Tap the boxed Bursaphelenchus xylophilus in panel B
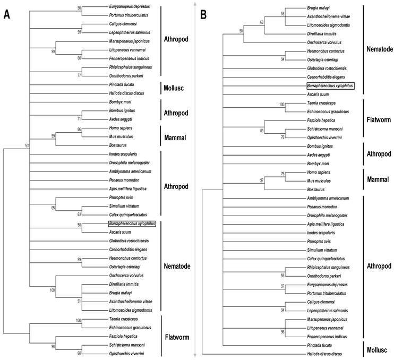pos(330,85)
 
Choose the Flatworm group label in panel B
pos(379,119)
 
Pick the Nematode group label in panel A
pos(177,266)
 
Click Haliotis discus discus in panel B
pos(325,353)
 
